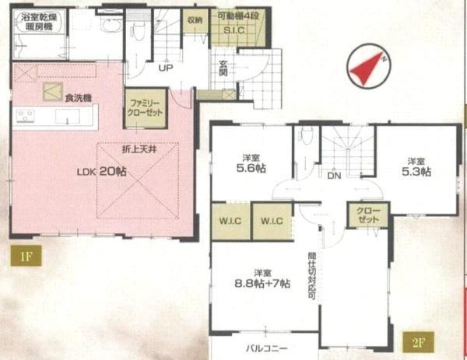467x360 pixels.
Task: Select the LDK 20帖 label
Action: click(101, 173)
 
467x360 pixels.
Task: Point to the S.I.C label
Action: click(235, 31)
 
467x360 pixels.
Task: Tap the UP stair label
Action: click(165, 68)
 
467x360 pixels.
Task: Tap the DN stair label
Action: click(333, 177)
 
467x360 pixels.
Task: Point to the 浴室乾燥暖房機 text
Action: click(38, 20)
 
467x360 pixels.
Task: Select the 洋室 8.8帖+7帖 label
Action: click(262, 278)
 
